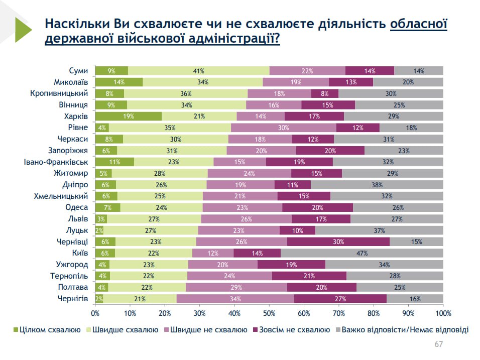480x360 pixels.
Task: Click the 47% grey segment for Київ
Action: (x=362, y=253)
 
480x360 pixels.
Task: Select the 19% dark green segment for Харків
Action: (x=129, y=116)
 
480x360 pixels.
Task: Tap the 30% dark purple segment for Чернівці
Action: (x=338, y=242)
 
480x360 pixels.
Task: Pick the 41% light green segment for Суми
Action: (x=199, y=71)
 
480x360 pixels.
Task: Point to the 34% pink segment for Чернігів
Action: (x=235, y=299)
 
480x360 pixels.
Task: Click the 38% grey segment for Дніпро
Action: (x=377, y=185)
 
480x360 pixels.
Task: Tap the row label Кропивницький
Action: (x=59, y=93)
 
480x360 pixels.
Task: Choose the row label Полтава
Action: (x=73, y=287)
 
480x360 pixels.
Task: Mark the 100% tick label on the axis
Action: (x=443, y=314)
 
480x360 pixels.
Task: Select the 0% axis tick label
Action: (x=95, y=314)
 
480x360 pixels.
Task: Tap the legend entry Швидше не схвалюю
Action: (x=207, y=330)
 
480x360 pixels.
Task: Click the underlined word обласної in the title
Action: (x=418, y=24)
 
